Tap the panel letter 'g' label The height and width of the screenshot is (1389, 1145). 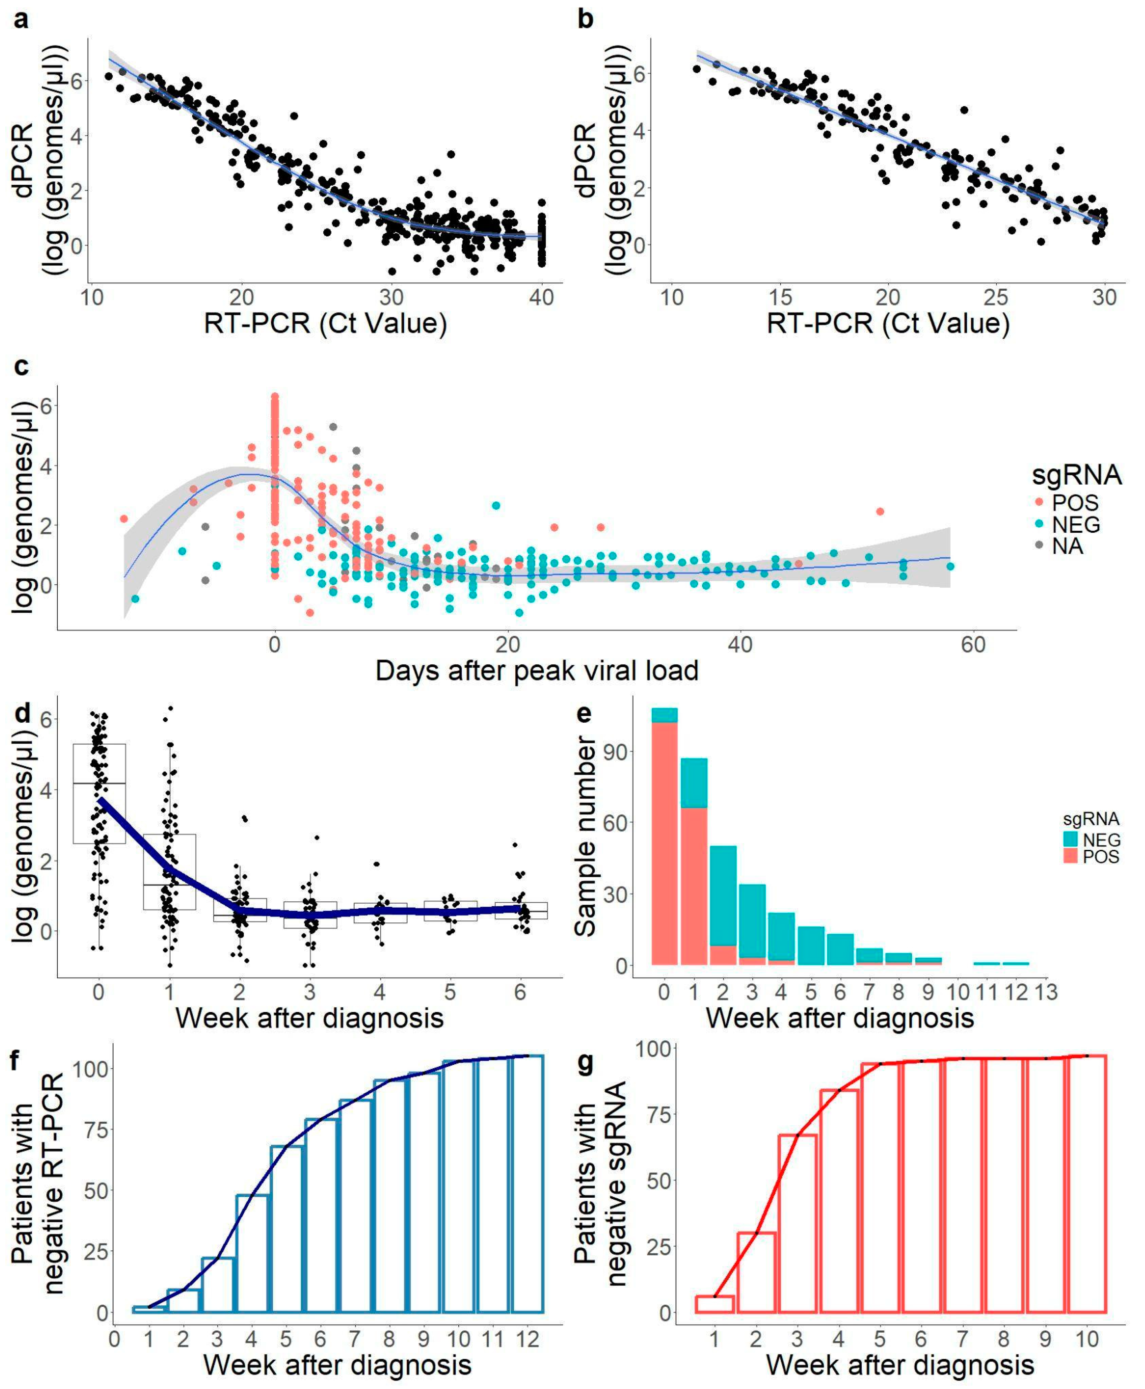584,1063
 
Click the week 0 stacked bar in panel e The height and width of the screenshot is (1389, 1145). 664,837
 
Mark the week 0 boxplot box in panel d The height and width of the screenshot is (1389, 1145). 99,794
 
